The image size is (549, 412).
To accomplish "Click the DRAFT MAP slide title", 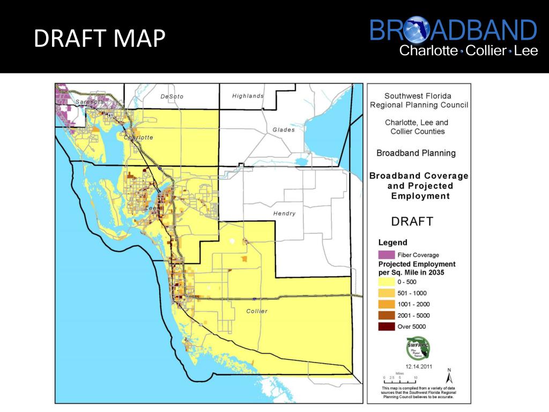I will (99, 39).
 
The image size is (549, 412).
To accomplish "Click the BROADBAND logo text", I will (453, 31).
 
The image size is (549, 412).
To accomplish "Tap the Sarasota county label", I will (90, 101).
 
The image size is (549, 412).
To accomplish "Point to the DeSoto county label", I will (172, 97).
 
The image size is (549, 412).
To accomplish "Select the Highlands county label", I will (248, 96).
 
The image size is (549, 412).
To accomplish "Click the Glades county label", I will (284, 130).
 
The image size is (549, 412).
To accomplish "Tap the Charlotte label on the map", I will (138, 137).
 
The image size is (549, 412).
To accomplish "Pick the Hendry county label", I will (284, 214).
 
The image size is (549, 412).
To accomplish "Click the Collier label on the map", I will (257, 311).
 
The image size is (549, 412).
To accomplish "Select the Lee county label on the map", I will (151, 208).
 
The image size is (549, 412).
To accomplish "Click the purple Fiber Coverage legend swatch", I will (386, 254).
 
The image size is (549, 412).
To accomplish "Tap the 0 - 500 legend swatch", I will (386, 282).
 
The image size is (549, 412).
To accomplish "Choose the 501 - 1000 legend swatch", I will (386, 293).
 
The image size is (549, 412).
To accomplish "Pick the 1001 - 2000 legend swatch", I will (386, 304).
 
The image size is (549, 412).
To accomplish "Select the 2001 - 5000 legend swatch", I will (386, 315).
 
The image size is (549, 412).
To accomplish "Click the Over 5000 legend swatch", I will (386, 326).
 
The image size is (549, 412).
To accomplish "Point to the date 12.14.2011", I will (419, 367).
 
